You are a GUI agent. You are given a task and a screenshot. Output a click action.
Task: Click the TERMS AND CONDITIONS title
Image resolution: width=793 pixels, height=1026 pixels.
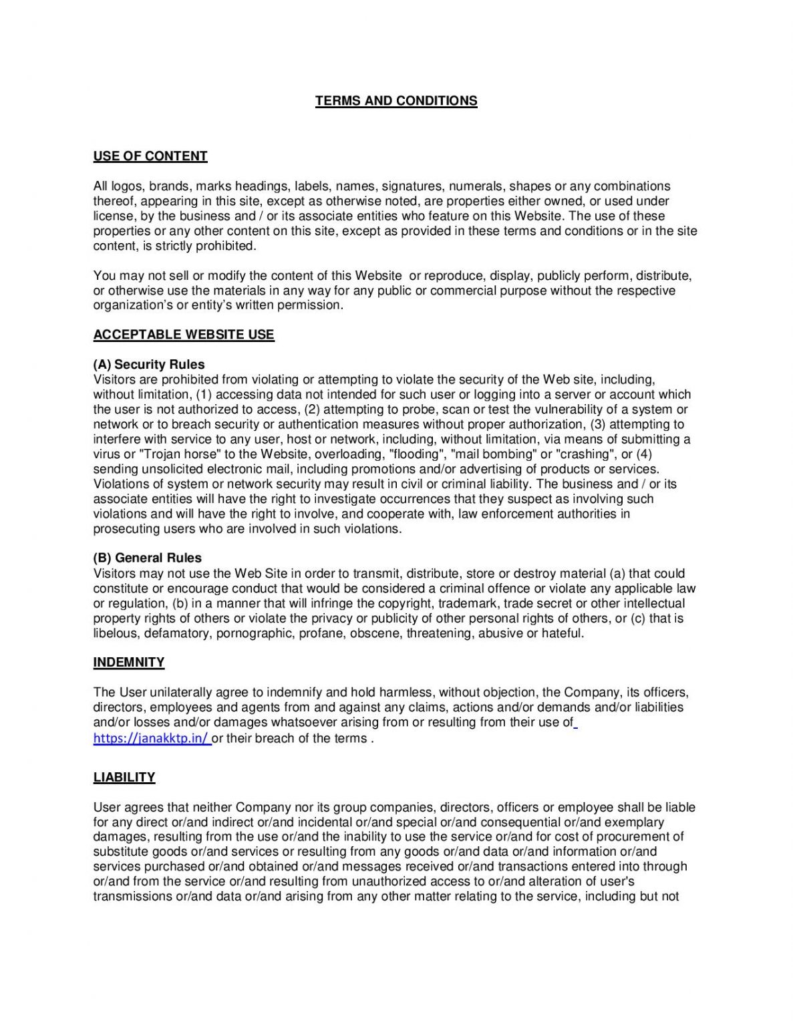point(396,101)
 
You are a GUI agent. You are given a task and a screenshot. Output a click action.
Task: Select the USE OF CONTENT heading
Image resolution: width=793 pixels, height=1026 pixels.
point(150,156)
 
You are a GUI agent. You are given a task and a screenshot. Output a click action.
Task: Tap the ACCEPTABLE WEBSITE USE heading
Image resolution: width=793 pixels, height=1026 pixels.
point(184,335)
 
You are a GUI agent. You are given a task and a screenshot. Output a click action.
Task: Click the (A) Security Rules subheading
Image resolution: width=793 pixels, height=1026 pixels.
point(149,365)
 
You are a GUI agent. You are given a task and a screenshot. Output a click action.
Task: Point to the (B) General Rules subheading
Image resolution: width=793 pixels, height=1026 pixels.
point(147,558)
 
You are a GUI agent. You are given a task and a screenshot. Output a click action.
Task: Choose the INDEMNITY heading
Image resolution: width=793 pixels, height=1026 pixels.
point(129,662)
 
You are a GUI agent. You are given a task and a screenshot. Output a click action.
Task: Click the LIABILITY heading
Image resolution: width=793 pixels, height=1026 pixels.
point(124,778)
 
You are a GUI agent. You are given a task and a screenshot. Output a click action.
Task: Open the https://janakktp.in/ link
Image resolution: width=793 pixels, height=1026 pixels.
point(151,738)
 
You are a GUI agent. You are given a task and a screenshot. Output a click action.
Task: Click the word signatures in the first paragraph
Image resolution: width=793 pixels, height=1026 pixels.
point(411,186)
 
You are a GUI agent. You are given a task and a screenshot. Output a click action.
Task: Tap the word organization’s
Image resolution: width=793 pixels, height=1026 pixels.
point(133,305)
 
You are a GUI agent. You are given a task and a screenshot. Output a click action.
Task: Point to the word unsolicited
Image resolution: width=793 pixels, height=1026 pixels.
point(168,469)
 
